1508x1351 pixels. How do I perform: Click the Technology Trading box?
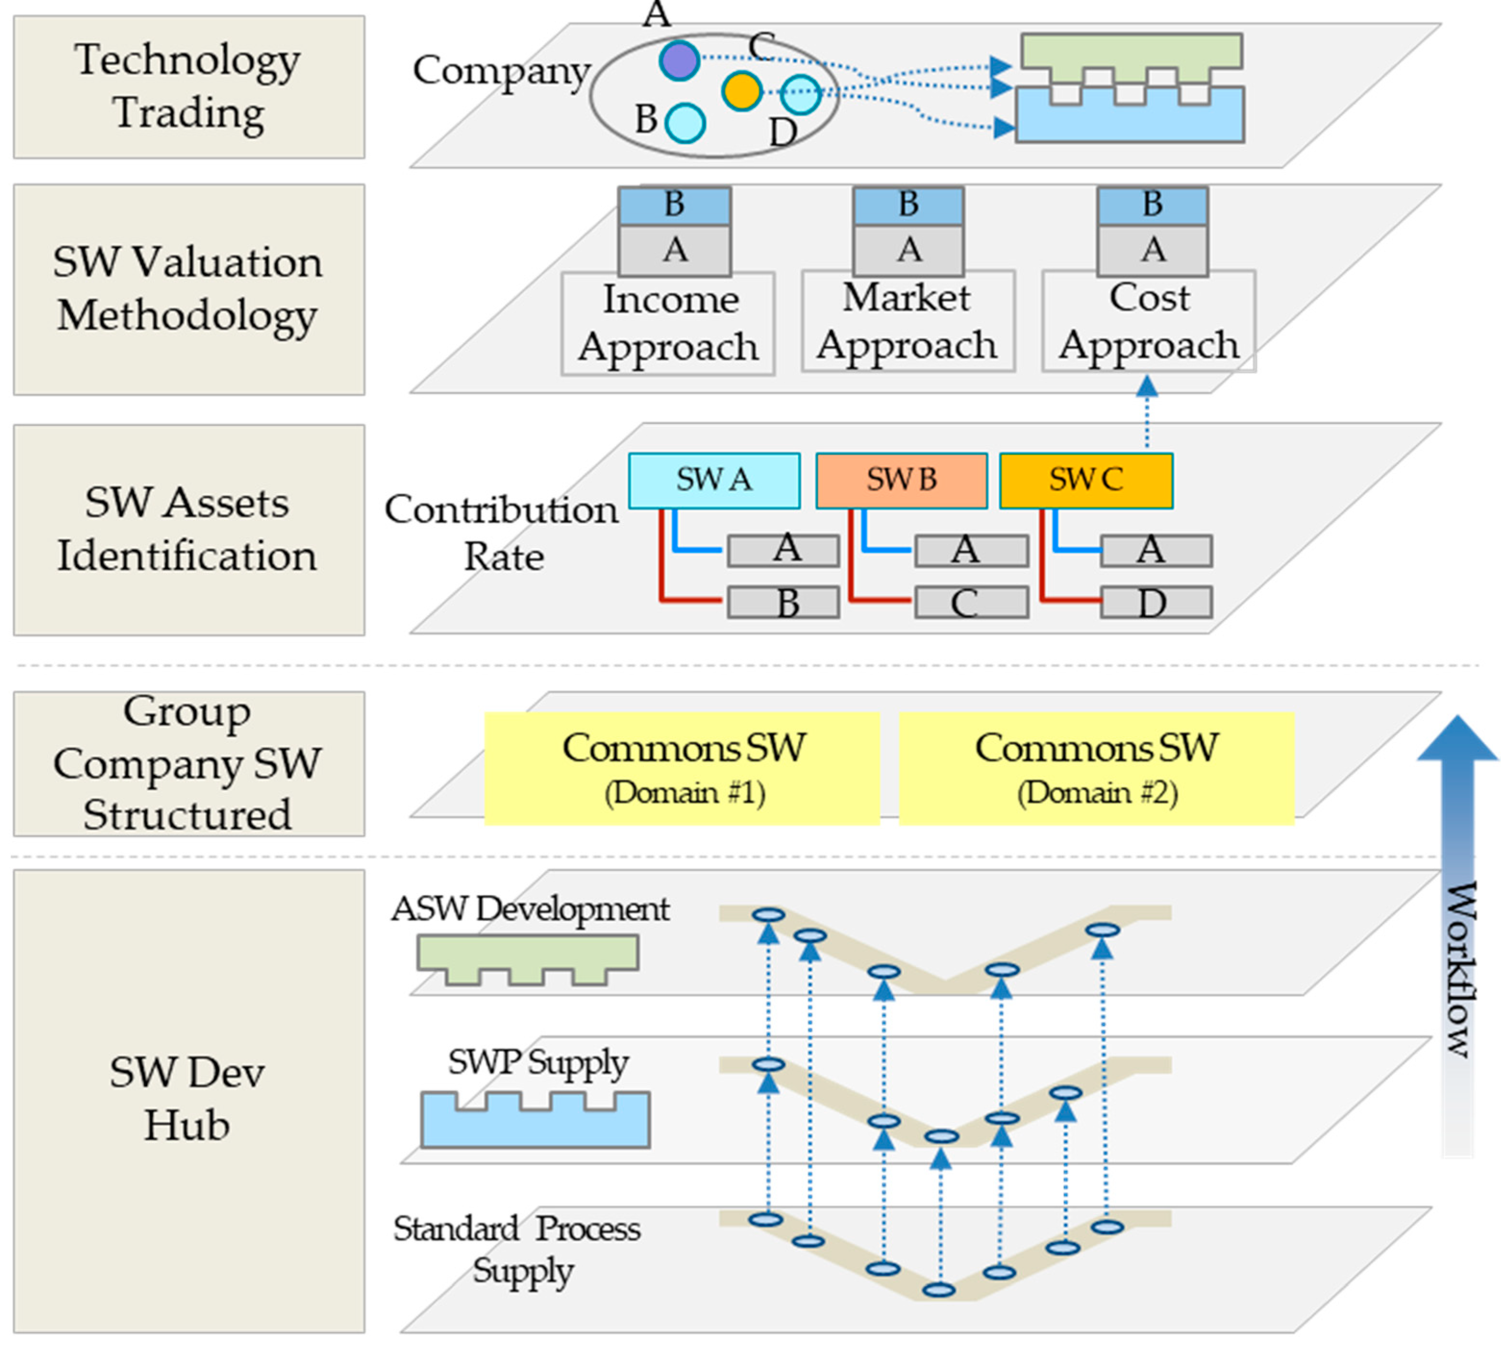pos(188,87)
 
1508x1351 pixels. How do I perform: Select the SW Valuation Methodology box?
pos(188,289)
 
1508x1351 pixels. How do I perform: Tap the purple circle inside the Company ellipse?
pos(678,60)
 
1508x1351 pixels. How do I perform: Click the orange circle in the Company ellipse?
pos(741,91)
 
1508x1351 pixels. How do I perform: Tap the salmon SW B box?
pos(901,480)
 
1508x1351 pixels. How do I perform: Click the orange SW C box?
pos(1086,480)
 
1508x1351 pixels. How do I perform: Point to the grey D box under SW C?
pos(1155,602)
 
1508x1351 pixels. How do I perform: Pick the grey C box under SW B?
pos(971,602)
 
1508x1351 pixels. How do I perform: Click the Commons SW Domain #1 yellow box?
pos(681,768)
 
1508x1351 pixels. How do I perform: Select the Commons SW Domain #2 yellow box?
pos(1096,768)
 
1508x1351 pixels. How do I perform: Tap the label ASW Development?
pos(530,909)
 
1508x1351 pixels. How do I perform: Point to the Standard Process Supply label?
pos(517,1249)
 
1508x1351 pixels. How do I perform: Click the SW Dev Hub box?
pos(188,1099)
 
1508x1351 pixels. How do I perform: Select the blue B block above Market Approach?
pos(908,205)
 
